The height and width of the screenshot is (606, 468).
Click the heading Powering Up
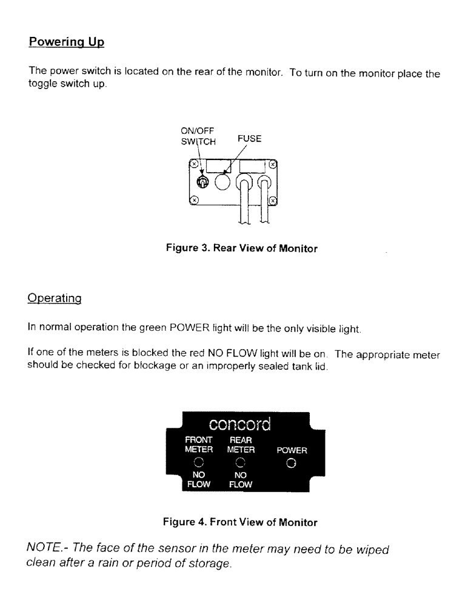coord(67,44)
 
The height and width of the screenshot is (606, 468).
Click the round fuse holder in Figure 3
coord(222,182)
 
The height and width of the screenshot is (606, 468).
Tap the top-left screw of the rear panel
coord(194,164)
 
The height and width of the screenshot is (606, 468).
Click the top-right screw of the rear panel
coord(273,164)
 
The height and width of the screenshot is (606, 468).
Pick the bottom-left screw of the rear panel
coord(194,199)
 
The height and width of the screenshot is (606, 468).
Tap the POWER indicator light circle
coord(292,464)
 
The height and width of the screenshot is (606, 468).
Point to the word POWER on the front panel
coord(292,451)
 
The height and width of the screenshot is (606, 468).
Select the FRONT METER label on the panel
coord(199,445)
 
